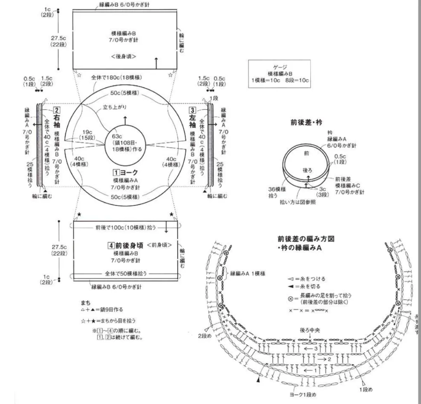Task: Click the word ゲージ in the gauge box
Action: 279,67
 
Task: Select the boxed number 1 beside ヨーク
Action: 116,172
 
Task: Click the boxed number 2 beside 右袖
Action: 57,110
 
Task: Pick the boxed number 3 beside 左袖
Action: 192,110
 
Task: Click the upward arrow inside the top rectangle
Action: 156,63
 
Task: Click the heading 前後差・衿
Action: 306,122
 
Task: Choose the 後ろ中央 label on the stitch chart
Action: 310,330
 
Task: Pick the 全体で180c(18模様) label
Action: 116,77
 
